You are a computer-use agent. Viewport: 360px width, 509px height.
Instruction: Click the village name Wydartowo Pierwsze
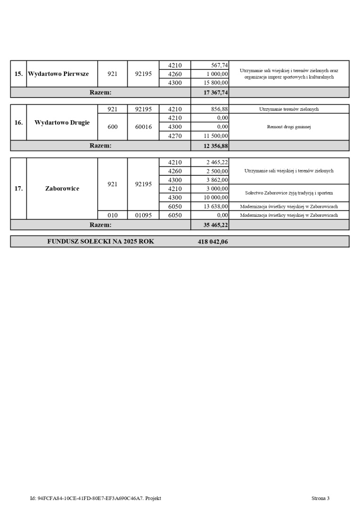[x=58, y=74]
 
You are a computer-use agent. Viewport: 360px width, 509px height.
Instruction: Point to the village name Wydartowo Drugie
[x=62, y=123]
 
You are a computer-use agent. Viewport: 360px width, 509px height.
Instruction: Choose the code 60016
[x=143, y=127]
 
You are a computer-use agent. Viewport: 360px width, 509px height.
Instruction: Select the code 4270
[x=175, y=136]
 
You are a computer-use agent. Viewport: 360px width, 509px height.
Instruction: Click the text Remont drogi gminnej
[x=289, y=127]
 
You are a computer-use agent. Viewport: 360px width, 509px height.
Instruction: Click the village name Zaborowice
[x=62, y=189]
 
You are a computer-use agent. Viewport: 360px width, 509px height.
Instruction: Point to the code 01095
[x=143, y=215]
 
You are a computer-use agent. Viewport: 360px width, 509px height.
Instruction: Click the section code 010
[x=113, y=215]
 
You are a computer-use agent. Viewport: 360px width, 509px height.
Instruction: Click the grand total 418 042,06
[x=213, y=242]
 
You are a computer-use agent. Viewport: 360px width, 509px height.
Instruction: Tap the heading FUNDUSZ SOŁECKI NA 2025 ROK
[x=100, y=242]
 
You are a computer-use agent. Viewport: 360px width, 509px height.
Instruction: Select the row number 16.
[x=18, y=123]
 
